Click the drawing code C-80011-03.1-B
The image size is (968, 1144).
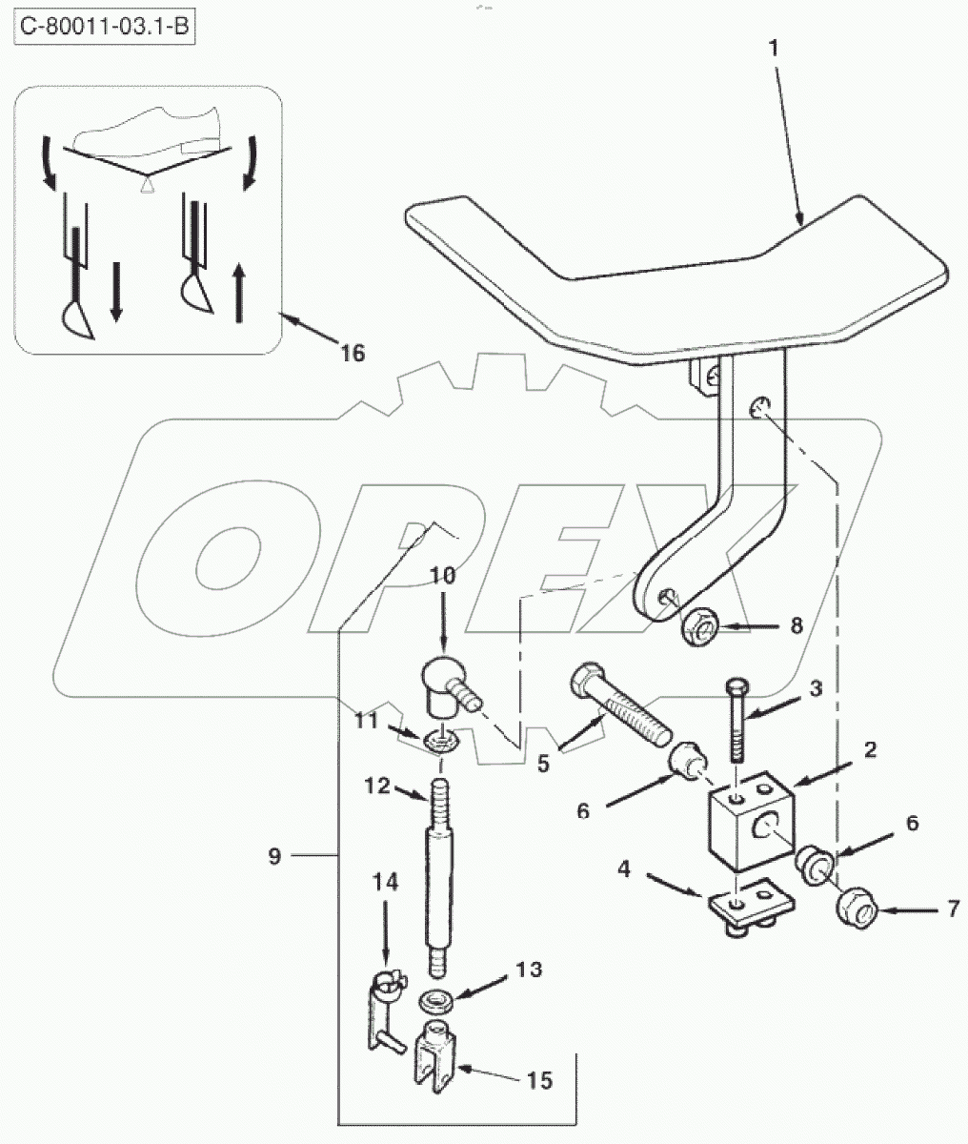105,26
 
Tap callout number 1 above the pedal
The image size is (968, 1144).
774,49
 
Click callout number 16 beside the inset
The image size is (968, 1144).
353,353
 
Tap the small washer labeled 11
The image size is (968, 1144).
441,741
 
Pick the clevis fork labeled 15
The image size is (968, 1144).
434,1055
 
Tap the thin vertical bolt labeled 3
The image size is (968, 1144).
736,719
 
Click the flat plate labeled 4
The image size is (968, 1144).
751,909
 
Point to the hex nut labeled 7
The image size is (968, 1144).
857,909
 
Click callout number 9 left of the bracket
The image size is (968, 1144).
275,856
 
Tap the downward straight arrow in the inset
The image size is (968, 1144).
115,292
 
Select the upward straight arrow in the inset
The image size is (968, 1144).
238,293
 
